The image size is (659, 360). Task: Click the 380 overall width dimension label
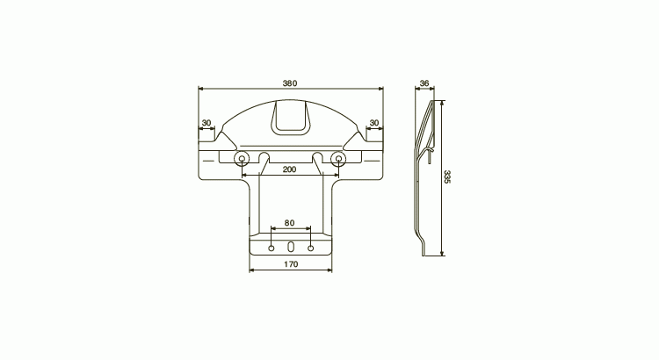coord(290,83)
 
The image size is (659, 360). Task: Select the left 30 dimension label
coord(206,123)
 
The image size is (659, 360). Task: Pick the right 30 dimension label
coord(374,123)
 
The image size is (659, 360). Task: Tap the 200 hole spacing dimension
coord(290,169)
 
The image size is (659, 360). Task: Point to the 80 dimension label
coord(290,223)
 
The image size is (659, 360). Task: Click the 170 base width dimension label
coord(291,264)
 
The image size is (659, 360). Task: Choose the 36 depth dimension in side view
coord(424,83)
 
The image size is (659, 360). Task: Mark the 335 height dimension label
coord(446,176)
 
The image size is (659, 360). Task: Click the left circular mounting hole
coord(242,158)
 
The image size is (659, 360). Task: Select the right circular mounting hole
coord(338,158)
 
